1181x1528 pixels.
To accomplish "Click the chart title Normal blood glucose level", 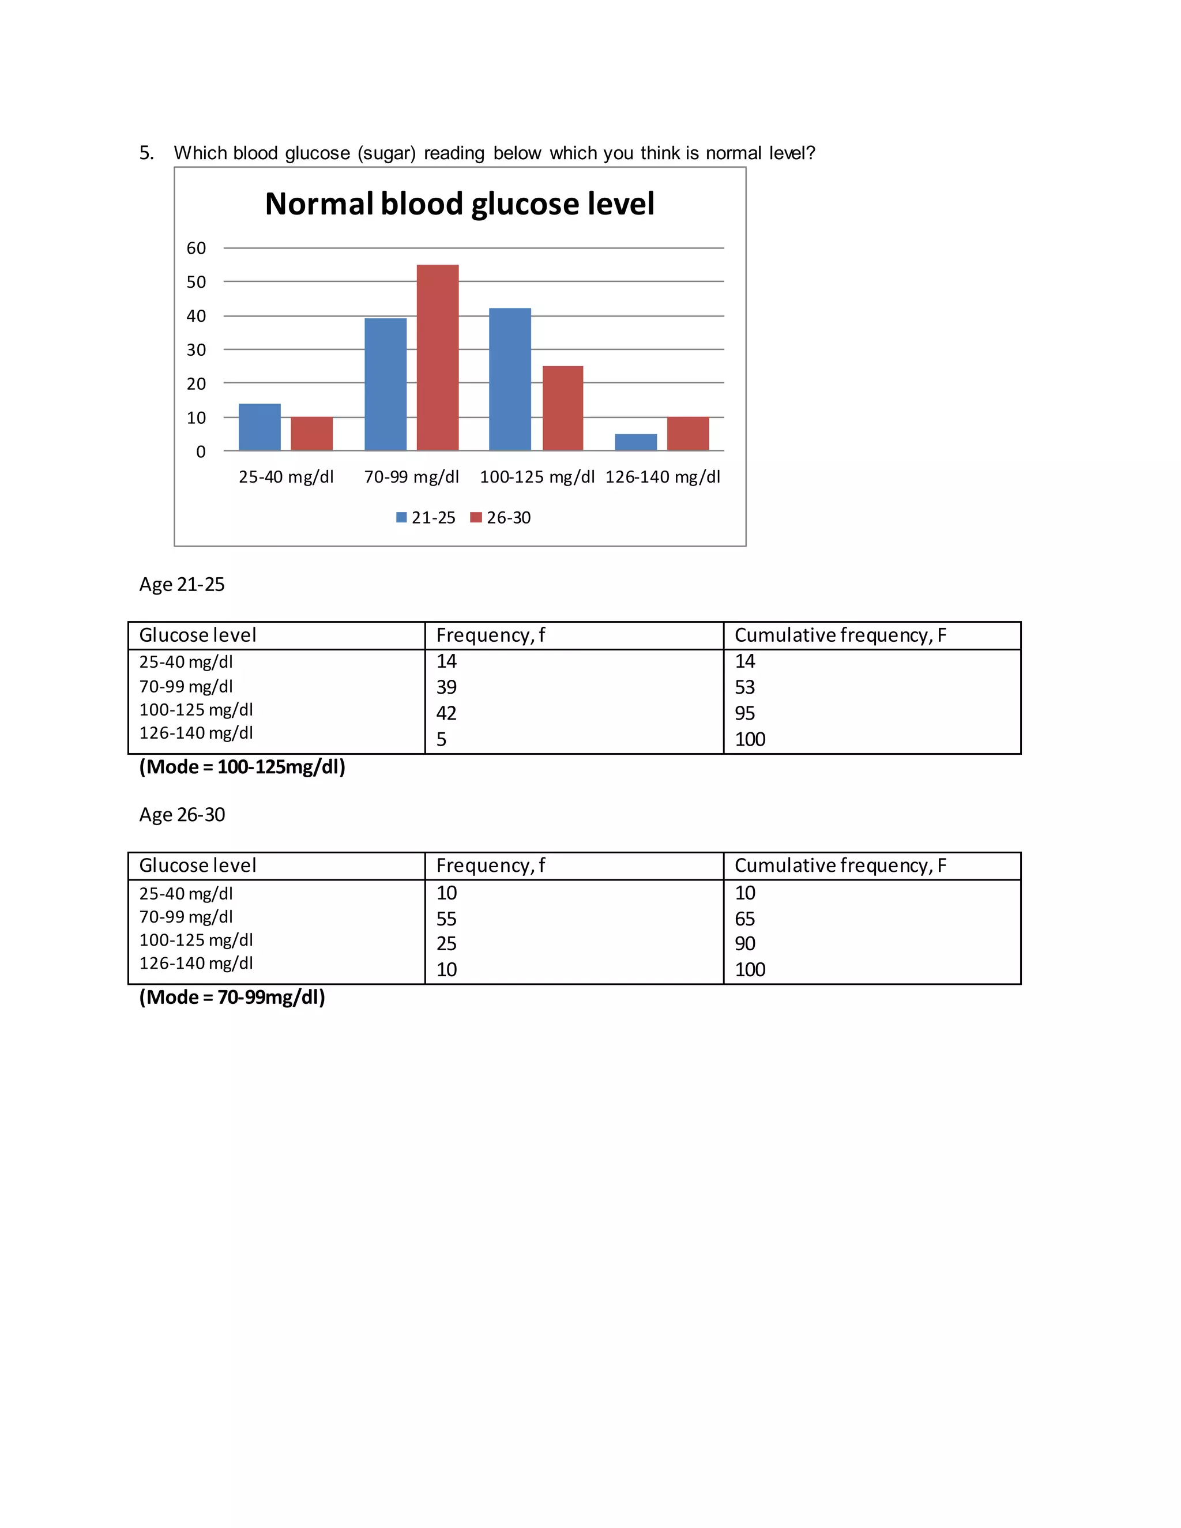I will click(460, 204).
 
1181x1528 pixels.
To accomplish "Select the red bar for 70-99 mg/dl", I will click(437, 357).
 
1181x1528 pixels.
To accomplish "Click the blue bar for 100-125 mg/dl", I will click(509, 379).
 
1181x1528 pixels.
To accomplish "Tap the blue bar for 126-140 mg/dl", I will click(635, 442).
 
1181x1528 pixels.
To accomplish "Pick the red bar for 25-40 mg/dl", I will click(311, 434).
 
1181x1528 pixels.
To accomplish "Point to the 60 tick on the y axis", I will click(196, 249).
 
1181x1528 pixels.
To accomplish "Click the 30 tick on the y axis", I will click(196, 350).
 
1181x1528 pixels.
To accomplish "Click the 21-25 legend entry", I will click(426, 518).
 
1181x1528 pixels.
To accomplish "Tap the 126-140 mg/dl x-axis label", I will click(662, 477).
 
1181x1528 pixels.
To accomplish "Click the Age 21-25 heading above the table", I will click(182, 584).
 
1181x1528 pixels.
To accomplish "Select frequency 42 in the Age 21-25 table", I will click(446, 713).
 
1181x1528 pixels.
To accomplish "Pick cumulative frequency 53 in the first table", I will click(744, 687).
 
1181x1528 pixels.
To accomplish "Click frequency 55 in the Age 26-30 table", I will click(446, 919).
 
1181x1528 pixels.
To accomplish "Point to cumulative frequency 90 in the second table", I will click(744, 944).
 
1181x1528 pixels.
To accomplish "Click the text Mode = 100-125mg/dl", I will click(242, 767).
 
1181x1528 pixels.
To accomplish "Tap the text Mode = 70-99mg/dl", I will click(232, 997).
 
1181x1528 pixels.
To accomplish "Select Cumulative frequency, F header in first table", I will click(840, 635).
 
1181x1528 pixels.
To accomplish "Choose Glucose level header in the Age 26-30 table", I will click(197, 865).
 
